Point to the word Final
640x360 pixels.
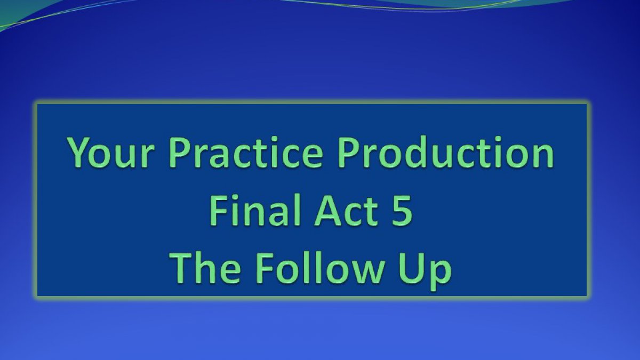pyautogui.click(x=255, y=210)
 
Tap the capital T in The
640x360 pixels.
pyautogui.click(x=181, y=269)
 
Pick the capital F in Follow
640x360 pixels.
pyautogui.click(x=265, y=269)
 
